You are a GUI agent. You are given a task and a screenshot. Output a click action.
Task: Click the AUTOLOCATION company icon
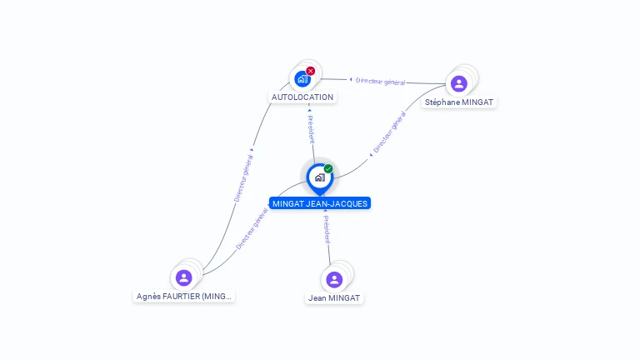click(x=302, y=79)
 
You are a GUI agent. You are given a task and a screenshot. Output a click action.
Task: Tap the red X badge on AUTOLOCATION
click(x=311, y=71)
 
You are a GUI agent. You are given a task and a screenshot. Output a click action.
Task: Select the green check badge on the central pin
click(x=328, y=169)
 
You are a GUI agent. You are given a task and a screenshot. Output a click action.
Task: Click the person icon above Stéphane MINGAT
click(x=458, y=83)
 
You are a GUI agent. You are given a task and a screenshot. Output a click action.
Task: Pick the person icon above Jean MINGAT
click(x=334, y=279)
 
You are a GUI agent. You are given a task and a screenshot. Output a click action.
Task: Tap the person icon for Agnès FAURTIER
click(x=184, y=277)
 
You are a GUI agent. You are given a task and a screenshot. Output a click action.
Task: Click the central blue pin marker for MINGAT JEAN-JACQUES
click(x=319, y=178)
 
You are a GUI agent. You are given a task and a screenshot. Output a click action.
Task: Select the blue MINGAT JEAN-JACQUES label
click(x=319, y=203)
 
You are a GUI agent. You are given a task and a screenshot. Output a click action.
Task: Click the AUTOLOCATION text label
click(x=302, y=97)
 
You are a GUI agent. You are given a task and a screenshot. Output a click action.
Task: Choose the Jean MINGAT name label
click(x=334, y=297)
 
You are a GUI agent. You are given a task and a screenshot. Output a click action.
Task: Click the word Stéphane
click(x=442, y=102)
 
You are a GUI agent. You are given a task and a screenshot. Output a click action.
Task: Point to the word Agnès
click(x=148, y=296)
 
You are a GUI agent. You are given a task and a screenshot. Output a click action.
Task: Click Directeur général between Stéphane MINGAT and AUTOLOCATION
click(x=380, y=82)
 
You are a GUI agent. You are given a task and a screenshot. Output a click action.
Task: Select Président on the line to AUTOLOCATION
click(x=311, y=129)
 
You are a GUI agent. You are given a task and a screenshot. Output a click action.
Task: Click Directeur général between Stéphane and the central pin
click(x=389, y=134)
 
